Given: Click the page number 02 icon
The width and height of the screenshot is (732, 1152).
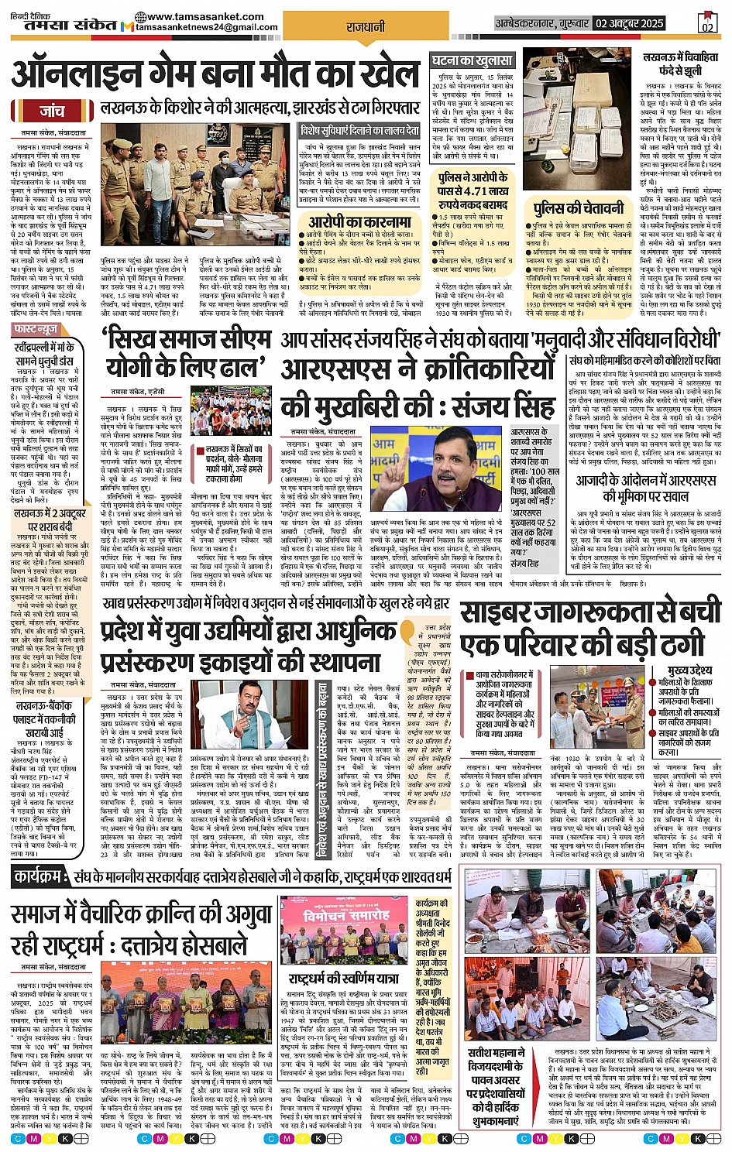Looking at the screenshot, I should [x=706, y=24].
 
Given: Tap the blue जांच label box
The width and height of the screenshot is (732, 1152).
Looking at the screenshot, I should [x=52, y=111].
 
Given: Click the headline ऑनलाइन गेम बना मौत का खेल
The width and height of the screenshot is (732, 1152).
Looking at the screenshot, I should [x=215, y=75].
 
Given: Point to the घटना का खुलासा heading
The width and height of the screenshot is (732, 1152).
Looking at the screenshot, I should [x=472, y=60].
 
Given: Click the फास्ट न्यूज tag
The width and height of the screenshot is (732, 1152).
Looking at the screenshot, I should [x=38, y=329].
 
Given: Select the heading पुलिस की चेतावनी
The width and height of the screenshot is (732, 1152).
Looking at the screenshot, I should [x=579, y=208].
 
